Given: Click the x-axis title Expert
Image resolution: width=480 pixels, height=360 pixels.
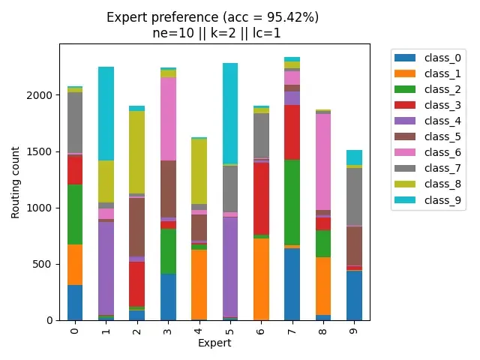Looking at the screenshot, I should [x=214, y=343].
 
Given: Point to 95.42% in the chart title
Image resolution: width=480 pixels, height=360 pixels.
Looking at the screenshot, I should [x=292, y=17].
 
